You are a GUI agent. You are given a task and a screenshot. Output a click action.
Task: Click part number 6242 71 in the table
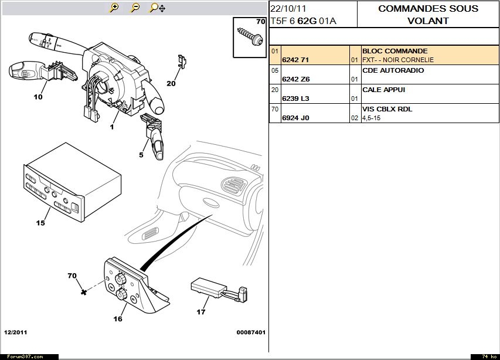click(x=295, y=60)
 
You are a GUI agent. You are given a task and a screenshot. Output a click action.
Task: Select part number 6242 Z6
click(x=296, y=79)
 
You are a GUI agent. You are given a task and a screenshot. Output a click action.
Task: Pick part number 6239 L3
click(x=295, y=99)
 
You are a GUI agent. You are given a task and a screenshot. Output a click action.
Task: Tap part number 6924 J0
click(x=295, y=118)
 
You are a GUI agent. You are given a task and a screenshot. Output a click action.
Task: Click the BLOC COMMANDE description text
click(x=394, y=51)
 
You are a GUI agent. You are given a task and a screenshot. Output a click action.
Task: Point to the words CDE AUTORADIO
click(x=393, y=70)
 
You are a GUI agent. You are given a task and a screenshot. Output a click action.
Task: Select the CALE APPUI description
click(x=383, y=90)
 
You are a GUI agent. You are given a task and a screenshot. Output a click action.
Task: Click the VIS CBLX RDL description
click(x=387, y=109)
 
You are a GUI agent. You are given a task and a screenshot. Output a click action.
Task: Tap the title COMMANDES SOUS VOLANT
click(x=428, y=15)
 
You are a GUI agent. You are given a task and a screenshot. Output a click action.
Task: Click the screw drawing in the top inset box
click(x=249, y=36)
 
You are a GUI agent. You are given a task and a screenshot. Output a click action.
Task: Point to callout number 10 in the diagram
click(x=38, y=97)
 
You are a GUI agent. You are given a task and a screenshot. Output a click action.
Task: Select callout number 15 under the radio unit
click(x=40, y=223)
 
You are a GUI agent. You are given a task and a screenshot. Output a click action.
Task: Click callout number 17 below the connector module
click(x=201, y=312)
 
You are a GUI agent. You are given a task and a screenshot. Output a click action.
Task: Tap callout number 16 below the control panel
click(x=118, y=319)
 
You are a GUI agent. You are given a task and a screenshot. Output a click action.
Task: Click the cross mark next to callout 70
click(x=84, y=291)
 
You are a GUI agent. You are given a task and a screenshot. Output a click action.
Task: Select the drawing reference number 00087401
click(x=251, y=332)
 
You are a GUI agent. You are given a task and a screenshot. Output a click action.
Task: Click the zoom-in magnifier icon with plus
click(x=114, y=8)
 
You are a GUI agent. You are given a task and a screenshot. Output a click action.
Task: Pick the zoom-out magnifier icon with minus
click(x=135, y=8)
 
